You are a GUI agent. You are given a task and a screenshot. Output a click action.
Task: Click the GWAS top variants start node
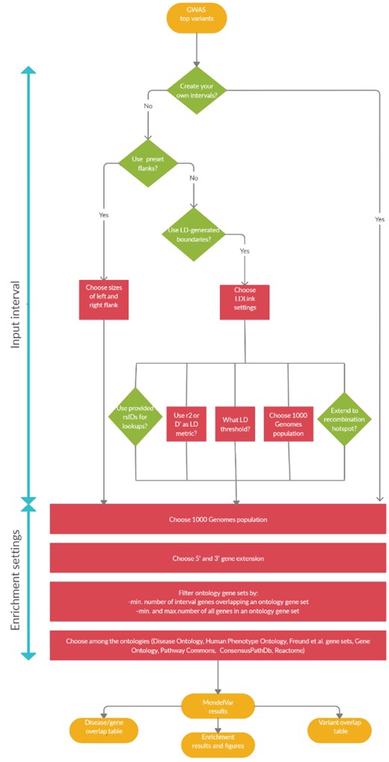click(x=196, y=19)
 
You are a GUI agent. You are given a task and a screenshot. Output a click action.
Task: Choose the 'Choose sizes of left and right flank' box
click(x=104, y=299)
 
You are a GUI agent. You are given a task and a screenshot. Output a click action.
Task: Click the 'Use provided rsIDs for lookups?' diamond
click(x=136, y=418)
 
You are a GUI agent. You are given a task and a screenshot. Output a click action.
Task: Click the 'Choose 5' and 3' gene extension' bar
click(x=218, y=558)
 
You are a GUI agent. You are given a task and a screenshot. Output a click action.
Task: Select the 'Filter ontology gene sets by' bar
click(x=218, y=600)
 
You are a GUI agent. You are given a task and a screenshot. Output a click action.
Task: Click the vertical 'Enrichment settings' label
click(x=16, y=582)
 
